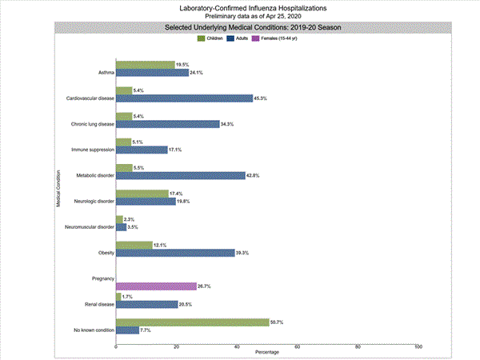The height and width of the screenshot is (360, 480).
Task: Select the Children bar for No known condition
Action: (192, 322)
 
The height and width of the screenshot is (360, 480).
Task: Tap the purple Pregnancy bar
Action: (156, 286)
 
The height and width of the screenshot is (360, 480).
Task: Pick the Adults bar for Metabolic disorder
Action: (181, 175)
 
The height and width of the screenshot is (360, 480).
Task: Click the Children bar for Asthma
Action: (146, 65)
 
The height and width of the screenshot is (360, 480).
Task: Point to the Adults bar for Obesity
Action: (175, 253)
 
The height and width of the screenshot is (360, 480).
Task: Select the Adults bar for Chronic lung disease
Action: (168, 124)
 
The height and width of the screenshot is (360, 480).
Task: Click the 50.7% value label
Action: (277, 322)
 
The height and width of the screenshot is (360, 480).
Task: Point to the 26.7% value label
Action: (205, 286)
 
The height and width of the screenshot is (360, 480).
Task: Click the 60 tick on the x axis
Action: (298, 346)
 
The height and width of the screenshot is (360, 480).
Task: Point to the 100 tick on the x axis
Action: (418, 346)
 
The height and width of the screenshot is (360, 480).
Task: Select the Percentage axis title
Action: (267, 353)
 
